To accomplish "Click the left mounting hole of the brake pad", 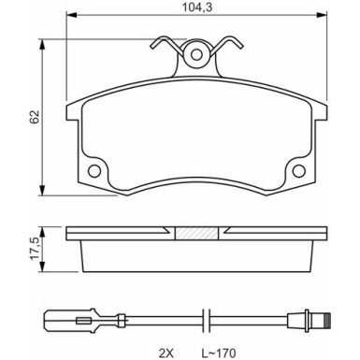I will (x=94, y=171).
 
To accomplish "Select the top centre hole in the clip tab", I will (x=197, y=54).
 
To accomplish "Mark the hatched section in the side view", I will (x=197, y=233).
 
